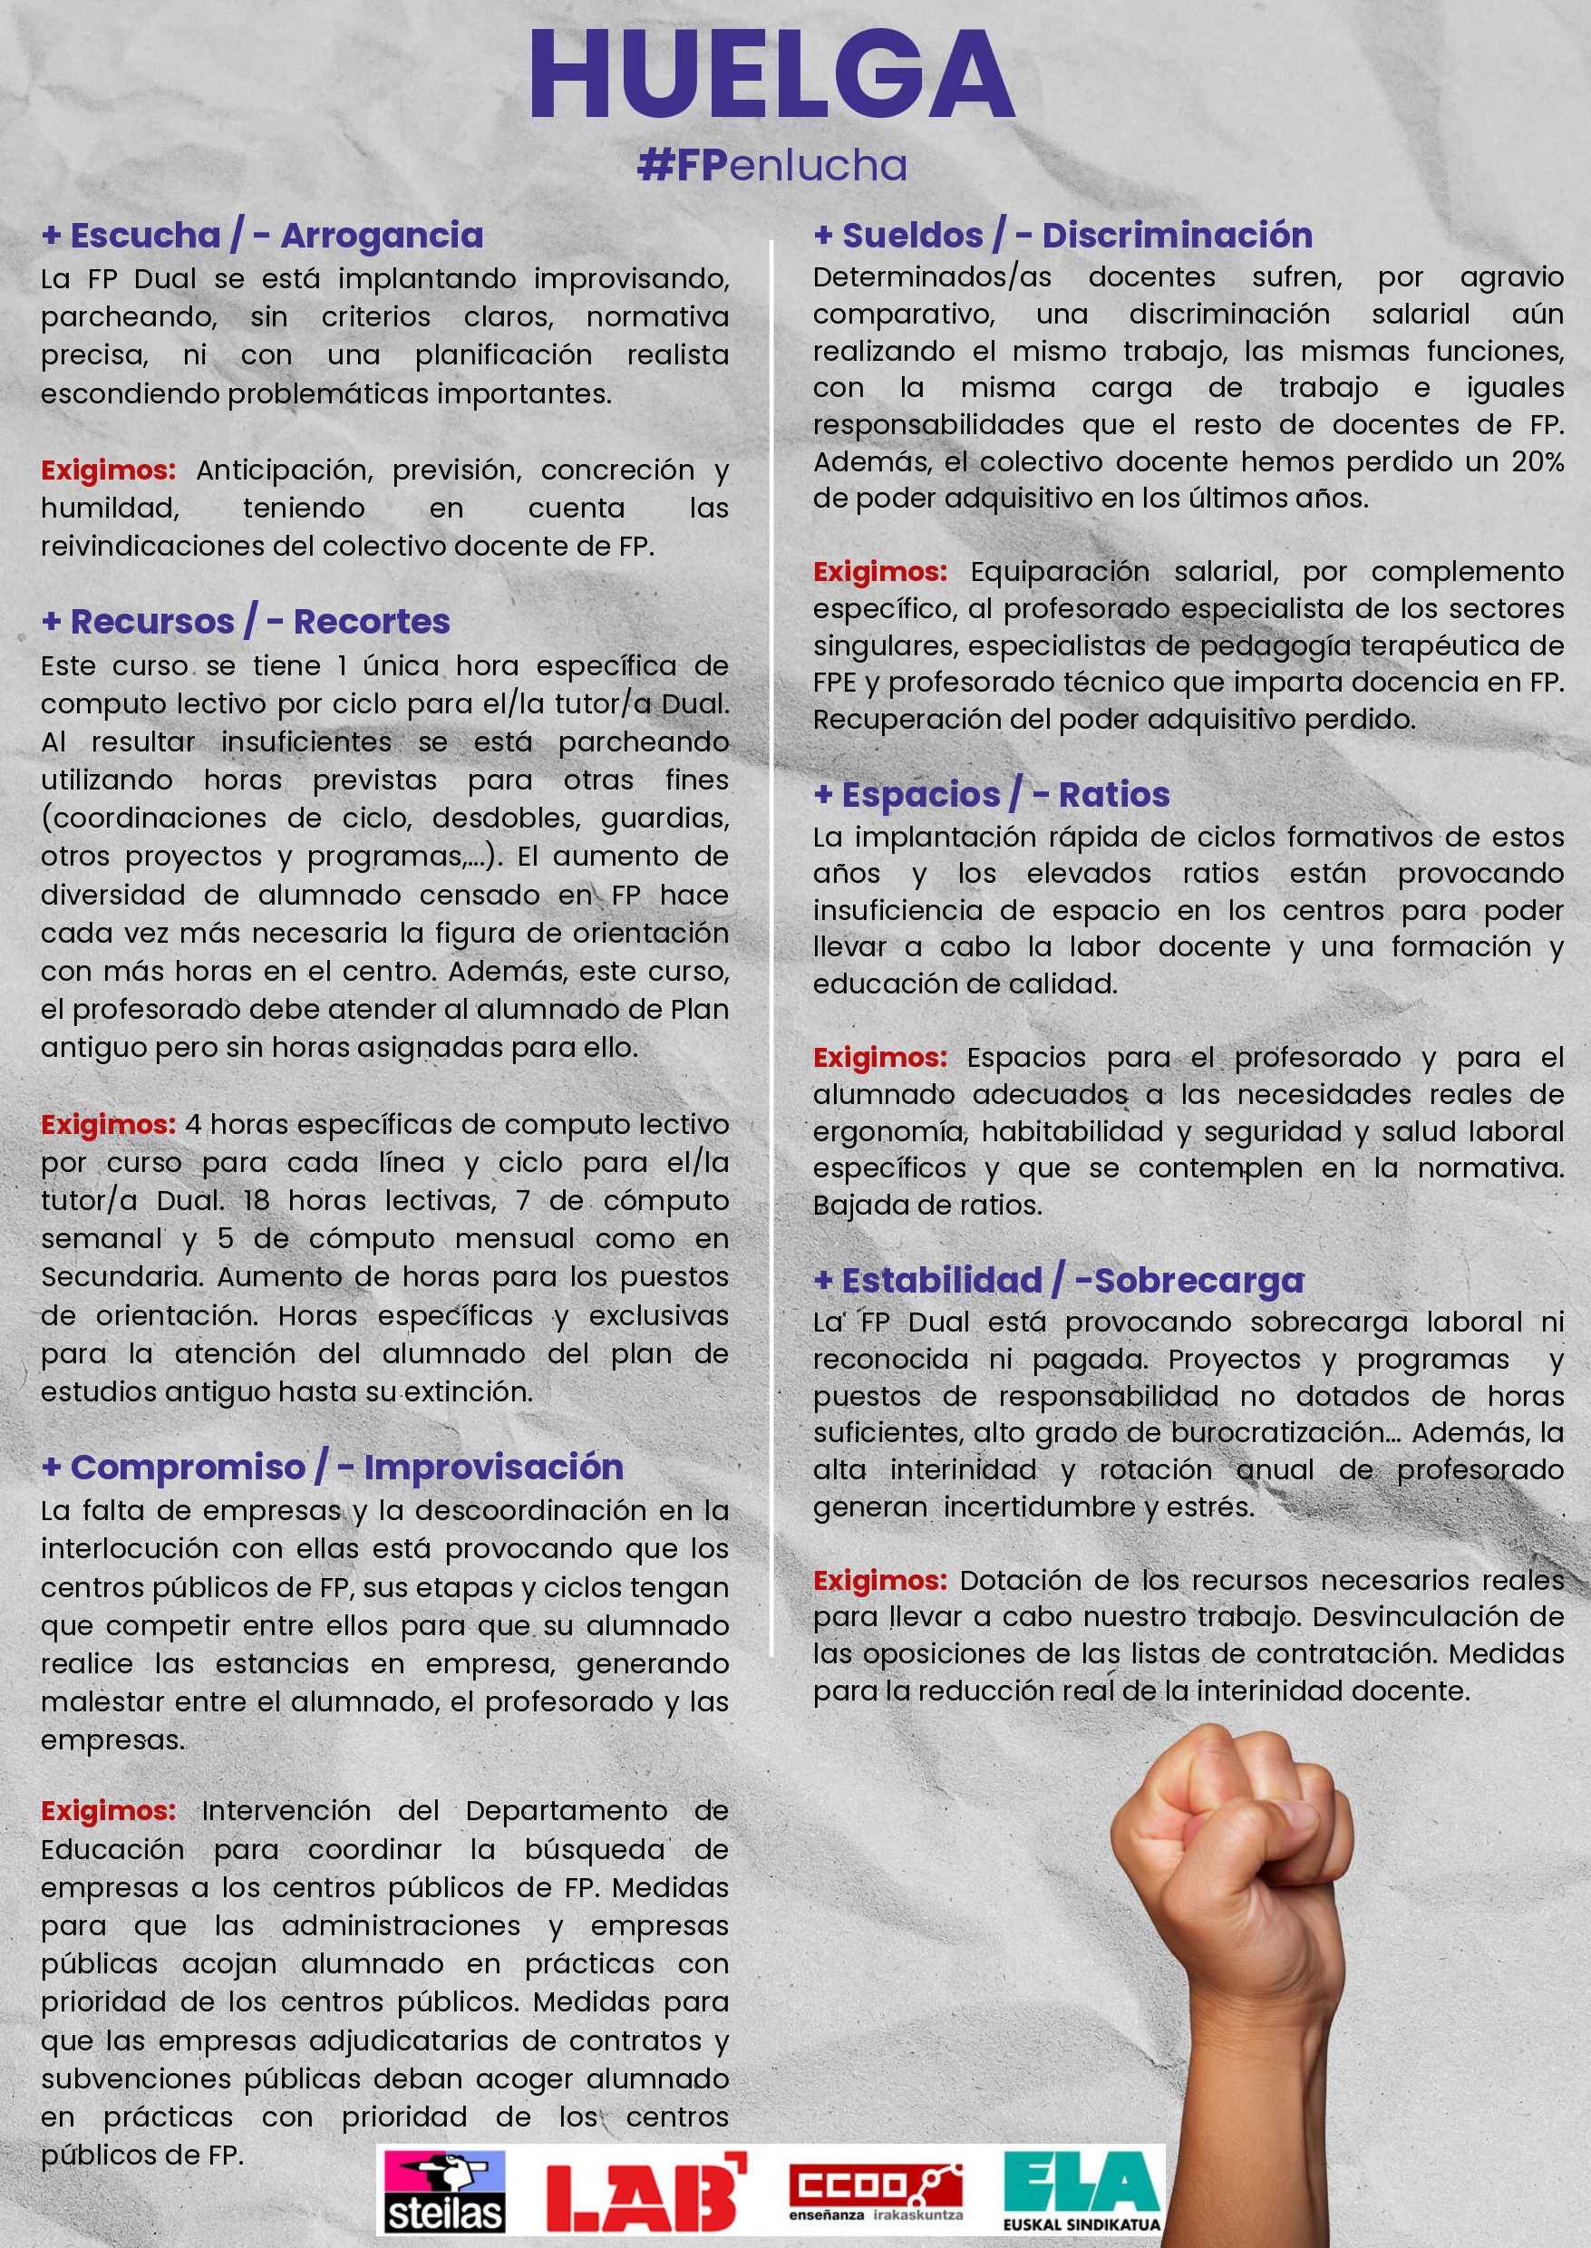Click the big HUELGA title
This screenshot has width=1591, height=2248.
point(771,76)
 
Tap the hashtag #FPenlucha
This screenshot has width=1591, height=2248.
point(771,167)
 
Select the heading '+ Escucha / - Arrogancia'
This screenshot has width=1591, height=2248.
point(263,235)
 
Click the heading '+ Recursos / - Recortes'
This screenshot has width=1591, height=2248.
point(246,621)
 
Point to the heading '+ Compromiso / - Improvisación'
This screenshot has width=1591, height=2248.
point(332,1467)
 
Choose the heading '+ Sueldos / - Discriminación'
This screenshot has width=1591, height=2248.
point(1063,235)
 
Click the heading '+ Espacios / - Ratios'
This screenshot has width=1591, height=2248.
point(992,794)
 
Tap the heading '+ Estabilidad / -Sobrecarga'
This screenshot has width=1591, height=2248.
point(1059,1280)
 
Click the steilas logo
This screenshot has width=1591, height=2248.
point(444,2192)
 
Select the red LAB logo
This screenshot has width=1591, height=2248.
point(645,2192)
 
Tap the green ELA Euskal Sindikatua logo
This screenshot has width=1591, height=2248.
point(1082,2190)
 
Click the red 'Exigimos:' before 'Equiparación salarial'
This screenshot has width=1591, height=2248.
point(879,571)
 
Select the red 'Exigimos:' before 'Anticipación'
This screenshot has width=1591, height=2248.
point(108,470)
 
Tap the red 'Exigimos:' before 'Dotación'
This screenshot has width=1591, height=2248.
point(879,1580)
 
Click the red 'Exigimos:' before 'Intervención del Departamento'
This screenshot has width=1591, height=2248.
point(108,1811)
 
